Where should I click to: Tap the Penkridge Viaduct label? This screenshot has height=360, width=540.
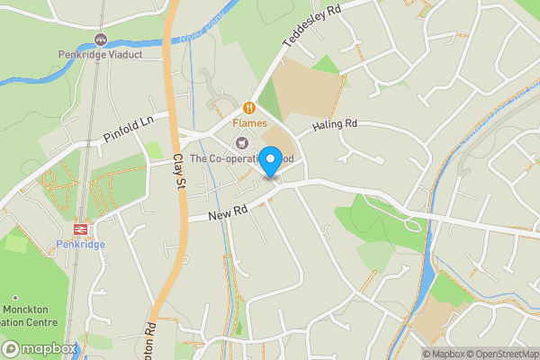click(x=100, y=54)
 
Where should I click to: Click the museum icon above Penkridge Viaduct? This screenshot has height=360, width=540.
click(x=100, y=40)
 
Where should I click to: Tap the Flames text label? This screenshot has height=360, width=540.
click(x=250, y=121)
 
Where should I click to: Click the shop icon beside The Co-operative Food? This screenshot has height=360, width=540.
click(x=240, y=142)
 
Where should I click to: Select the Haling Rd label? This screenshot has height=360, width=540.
click(x=335, y=124)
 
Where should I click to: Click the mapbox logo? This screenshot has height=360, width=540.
click(x=40, y=348)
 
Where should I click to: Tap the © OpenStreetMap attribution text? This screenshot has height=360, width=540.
click(x=502, y=353)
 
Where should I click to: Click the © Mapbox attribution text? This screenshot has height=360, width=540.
click(x=443, y=353)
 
